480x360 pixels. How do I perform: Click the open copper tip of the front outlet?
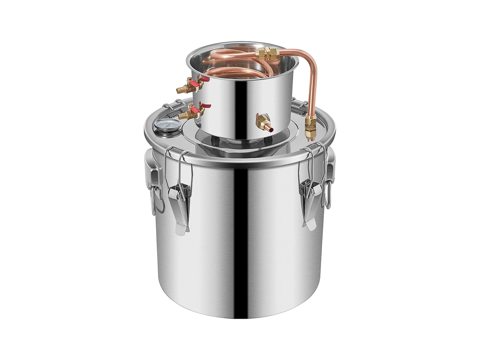pos(270,130)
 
